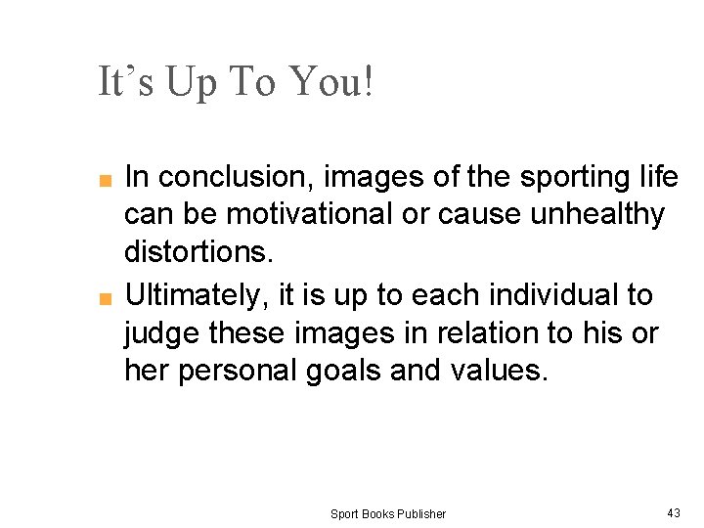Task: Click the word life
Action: pyautogui.click(x=655, y=177)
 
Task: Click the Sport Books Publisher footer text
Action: pyautogui.click(x=387, y=513)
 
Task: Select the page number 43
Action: pyautogui.click(x=673, y=512)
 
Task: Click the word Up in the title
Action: pyautogui.click(x=195, y=82)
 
